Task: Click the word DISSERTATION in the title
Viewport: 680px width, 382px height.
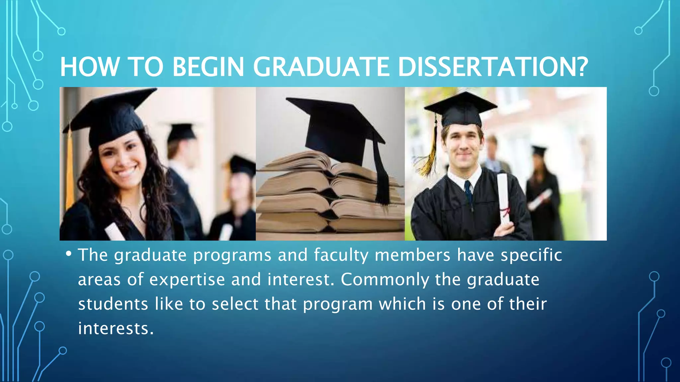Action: pos(492,67)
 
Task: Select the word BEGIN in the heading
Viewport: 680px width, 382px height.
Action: pos(208,67)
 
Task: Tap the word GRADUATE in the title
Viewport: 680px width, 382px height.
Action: pos(321,67)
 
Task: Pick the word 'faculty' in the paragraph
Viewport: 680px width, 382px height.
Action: pos(341,255)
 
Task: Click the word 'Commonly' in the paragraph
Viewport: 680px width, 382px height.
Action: pos(385,280)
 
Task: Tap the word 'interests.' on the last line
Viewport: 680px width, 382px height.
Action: pos(116,328)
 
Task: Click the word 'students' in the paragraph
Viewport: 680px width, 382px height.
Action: pos(113,304)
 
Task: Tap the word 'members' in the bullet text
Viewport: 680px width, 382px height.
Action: pos(412,255)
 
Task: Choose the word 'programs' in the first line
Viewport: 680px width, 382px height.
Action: pos(232,255)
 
